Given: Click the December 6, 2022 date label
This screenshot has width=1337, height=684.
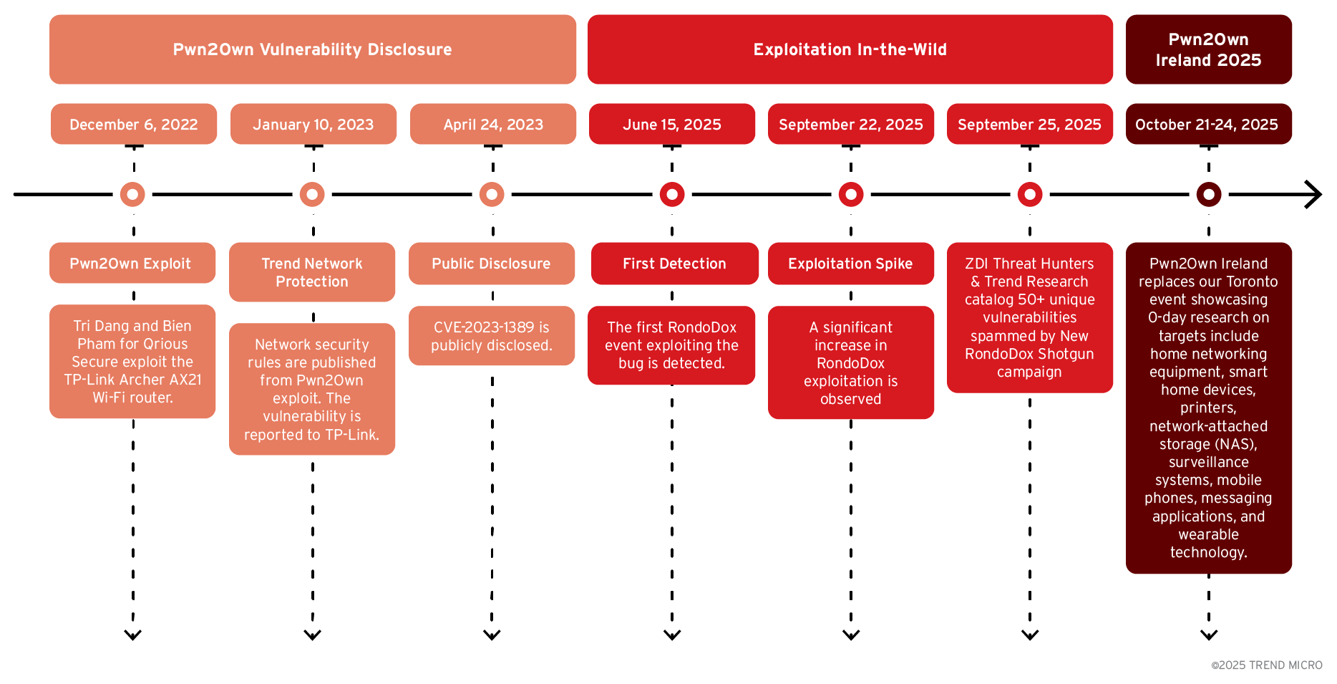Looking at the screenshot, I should click(x=134, y=125).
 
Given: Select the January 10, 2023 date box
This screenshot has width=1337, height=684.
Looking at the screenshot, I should click(x=313, y=125).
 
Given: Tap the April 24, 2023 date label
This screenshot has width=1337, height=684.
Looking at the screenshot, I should click(x=493, y=125).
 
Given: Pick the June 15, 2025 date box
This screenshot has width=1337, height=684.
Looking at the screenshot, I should click(x=671, y=125).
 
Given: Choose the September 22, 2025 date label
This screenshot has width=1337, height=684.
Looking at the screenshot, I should click(x=850, y=125).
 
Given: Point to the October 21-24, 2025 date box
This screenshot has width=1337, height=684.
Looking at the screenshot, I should click(x=1208, y=125).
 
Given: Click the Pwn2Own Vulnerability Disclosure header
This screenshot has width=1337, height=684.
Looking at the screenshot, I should click(x=313, y=49).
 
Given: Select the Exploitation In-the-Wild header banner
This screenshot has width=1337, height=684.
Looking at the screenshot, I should click(x=850, y=49).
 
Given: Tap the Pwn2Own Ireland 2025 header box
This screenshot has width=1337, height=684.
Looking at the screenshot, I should click(x=1208, y=49).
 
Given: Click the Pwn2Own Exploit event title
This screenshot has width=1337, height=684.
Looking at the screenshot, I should click(x=132, y=264).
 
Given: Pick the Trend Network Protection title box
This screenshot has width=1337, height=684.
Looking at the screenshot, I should click(x=312, y=272).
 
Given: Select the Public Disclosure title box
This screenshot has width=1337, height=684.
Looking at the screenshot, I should click(x=491, y=264).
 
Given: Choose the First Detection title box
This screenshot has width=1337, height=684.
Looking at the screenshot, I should click(x=674, y=264).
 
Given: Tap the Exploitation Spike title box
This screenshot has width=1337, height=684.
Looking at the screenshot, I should click(x=850, y=264).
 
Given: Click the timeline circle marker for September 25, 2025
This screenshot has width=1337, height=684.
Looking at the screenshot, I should click(x=1030, y=194).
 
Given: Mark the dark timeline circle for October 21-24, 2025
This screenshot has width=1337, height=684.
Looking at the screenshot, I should click(x=1209, y=194).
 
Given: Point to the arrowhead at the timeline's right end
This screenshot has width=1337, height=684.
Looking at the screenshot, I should click(x=1314, y=194).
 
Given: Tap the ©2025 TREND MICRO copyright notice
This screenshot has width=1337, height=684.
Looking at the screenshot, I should click(x=1266, y=665).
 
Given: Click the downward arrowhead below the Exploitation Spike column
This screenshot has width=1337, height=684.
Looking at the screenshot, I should click(x=851, y=635).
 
